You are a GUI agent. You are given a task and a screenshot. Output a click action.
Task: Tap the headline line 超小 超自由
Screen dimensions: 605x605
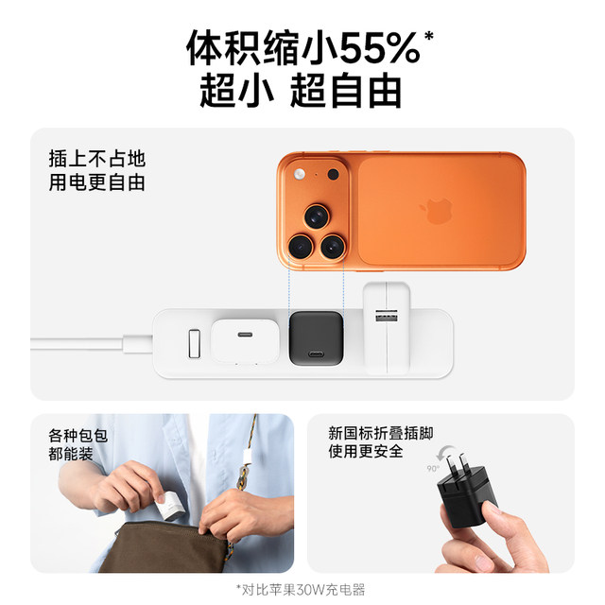pyautogui.click(x=301, y=90)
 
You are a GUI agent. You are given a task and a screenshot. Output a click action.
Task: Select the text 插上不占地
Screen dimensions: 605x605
pyautogui.click(x=97, y=159)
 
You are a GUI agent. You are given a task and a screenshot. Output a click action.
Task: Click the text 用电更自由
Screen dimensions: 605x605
pyautogui.click(x=97, y=182)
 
